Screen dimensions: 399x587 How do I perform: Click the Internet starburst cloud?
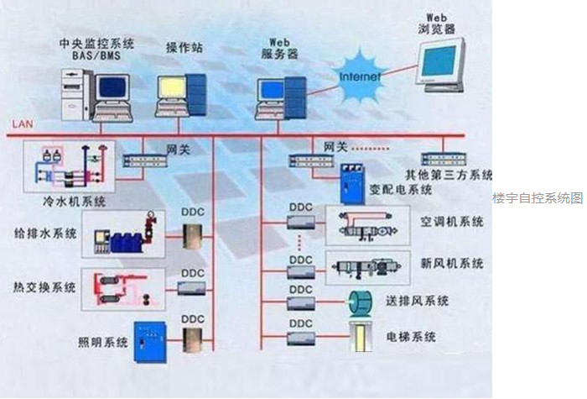359,75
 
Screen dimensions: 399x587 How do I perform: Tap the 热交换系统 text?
46,286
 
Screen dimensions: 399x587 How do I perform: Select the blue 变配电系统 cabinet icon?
350,186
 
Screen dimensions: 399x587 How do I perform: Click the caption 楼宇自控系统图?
538,198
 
